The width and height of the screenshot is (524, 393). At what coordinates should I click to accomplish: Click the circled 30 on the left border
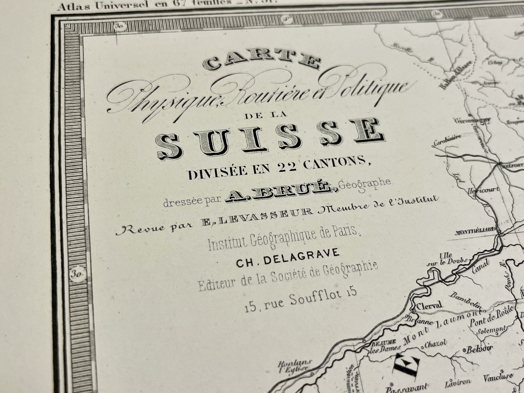(x=78, y=275)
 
